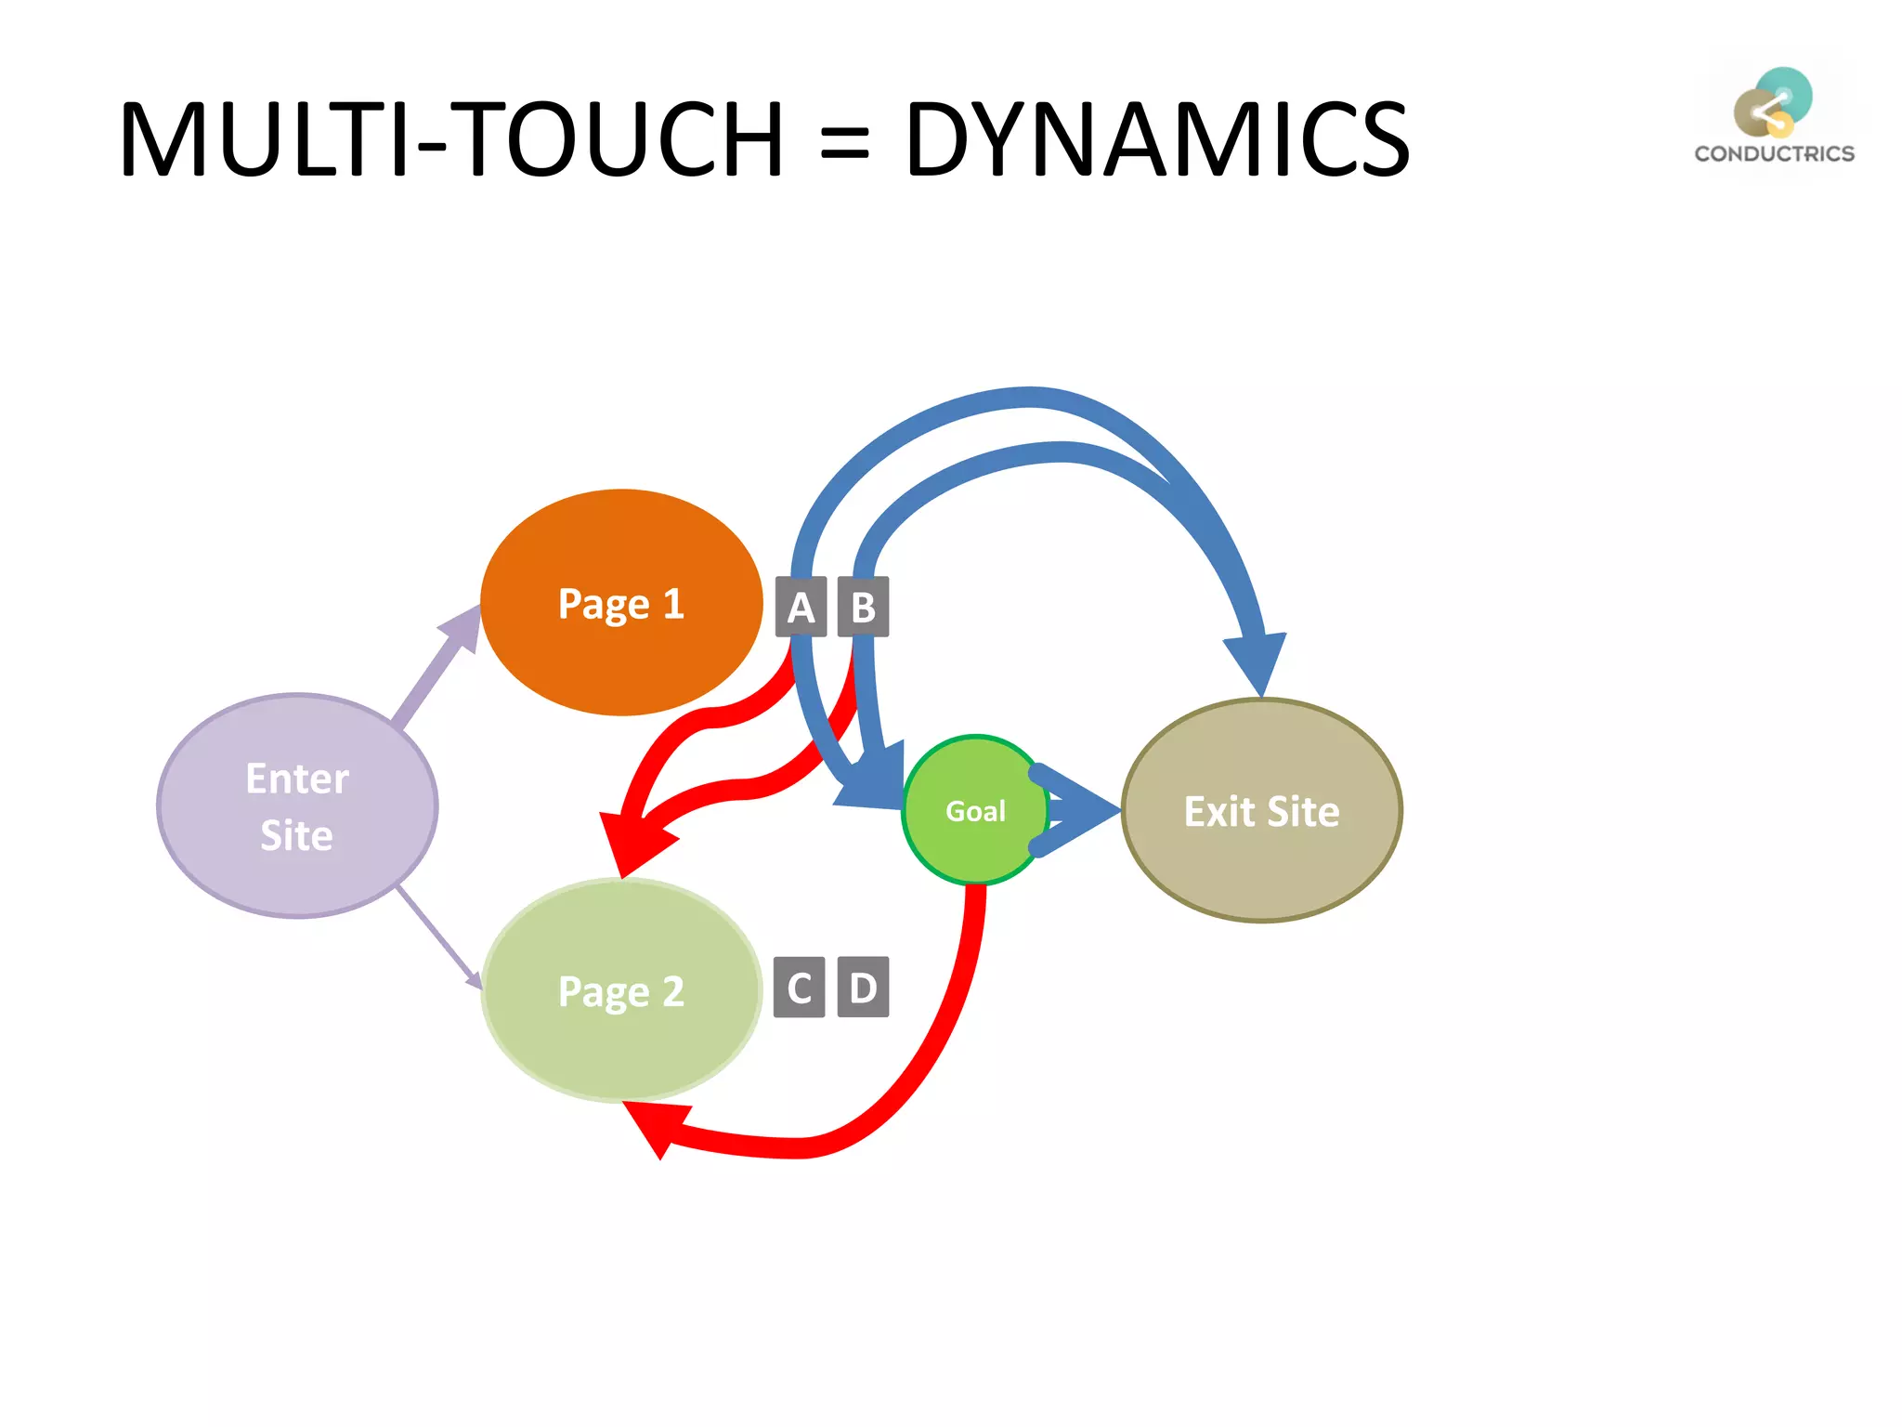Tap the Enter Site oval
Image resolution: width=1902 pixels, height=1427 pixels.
[297, 806]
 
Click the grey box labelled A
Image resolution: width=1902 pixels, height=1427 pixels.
[801, 607]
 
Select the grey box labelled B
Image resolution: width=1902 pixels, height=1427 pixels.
[863, 607]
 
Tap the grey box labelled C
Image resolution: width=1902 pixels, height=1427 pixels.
[799, 987]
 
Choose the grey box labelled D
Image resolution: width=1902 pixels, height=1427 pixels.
[863, 987]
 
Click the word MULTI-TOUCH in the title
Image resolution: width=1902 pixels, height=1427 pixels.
[451, 139]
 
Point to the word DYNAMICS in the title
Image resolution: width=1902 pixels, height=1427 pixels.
[1156, 139]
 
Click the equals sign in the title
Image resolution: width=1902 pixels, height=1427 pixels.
[844, 144]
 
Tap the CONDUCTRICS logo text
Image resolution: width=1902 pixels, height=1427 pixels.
[1774, 153]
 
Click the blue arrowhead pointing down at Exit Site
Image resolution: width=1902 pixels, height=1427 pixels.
[1258, 660]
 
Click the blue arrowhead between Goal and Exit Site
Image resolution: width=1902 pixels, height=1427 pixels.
[1087, 810]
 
